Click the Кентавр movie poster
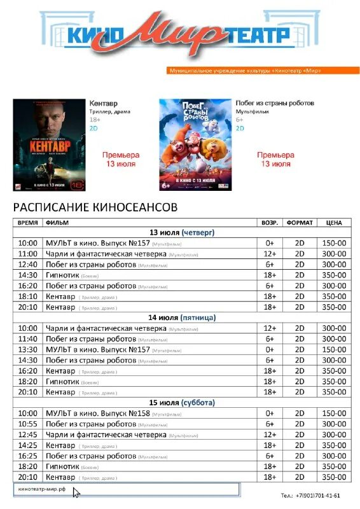(x=50, y=144)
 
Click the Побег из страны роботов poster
(x=195, y=144)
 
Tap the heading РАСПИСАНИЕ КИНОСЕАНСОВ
(x=95, y=207)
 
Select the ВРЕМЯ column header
(x=27, y=223)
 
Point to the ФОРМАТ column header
(x=300, y=223)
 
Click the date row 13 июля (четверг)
(x=182, y=233)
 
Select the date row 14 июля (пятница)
(x=182, y=317)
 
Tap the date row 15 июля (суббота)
(x=182, y=403)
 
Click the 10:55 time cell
(x=27, y=424)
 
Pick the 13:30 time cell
(x=27, y=349)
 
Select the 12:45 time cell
(x=27, y=435)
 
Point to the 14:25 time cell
(x=27, y=445)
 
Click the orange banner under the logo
(x=245, y=70)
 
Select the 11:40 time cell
(x=27, y=339)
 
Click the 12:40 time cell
(x=27, y=265)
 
